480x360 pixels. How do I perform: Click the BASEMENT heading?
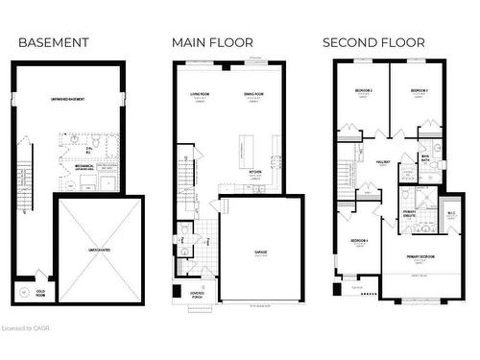[x=54, y=42]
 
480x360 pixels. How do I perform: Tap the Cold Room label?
[x=41, y=292]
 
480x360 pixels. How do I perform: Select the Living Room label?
[x=200, y=93]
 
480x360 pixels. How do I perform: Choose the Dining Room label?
[x=253, y=93]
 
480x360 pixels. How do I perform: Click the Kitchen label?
[x=255, y=173]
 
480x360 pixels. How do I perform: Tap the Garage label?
[x=260, y=253]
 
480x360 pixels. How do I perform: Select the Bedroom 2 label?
[x=363, y=89]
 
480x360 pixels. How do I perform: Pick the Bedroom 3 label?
[x=418, y=89]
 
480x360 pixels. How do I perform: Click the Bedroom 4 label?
[x=359, y=239]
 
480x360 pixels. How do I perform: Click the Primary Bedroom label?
[x=420, y=256]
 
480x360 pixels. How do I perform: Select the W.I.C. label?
[x=450, y=213]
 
